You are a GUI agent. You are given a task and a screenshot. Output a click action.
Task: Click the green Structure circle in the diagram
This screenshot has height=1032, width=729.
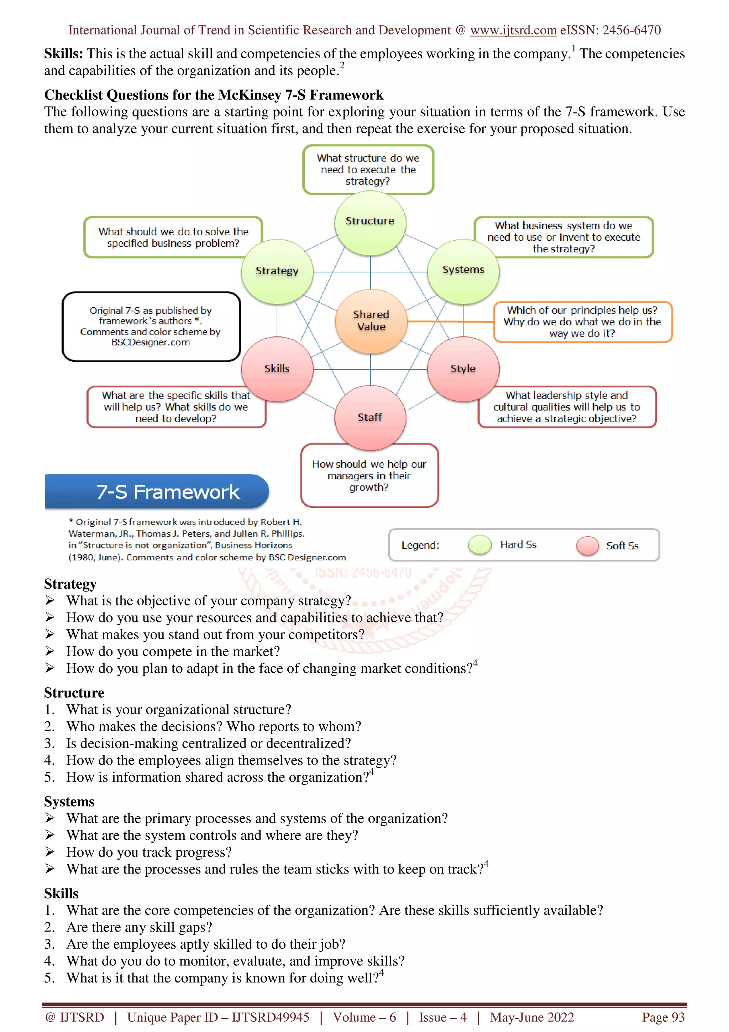tap(370, 223)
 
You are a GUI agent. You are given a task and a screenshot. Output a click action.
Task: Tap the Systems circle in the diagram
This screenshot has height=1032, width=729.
tap(463, 271)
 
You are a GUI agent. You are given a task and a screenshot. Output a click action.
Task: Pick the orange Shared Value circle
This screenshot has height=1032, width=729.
tap(371, 321)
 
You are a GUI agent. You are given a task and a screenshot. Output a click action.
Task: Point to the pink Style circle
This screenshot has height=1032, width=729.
tap(463, 369)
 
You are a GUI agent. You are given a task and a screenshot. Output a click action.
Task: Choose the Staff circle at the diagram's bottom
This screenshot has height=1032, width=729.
tap(370, 418)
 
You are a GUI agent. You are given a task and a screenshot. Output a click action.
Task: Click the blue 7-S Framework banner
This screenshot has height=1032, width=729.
tap(157, 491)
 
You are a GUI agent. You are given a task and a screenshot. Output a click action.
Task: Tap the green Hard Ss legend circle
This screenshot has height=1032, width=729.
tap(480, 545)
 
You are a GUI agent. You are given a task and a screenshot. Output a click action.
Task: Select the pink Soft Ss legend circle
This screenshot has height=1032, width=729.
tap(588, 546)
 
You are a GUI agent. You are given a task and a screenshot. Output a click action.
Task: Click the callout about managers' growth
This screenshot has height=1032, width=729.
tap(369, 475)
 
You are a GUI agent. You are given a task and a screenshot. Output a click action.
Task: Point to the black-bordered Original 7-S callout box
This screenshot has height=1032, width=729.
tap(151, 326)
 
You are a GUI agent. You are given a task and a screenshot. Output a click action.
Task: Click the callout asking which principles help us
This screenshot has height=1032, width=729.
tap(583, 322)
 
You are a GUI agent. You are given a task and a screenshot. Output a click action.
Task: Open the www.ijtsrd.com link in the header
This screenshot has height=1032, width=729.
tap(513, 30)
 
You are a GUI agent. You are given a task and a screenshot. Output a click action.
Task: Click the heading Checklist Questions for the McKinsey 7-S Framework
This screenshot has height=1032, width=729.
tap(214, 95)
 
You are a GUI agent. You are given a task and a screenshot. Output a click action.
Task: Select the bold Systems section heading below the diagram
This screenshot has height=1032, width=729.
tap(69, 801)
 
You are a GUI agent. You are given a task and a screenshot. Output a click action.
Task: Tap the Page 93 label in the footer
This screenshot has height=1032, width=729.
tap(663, 1017)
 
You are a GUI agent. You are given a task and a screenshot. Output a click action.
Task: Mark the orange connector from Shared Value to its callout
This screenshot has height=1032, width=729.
tap(450, 321)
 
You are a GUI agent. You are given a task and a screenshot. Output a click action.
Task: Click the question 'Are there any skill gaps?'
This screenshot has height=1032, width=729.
tap(139, 927)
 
